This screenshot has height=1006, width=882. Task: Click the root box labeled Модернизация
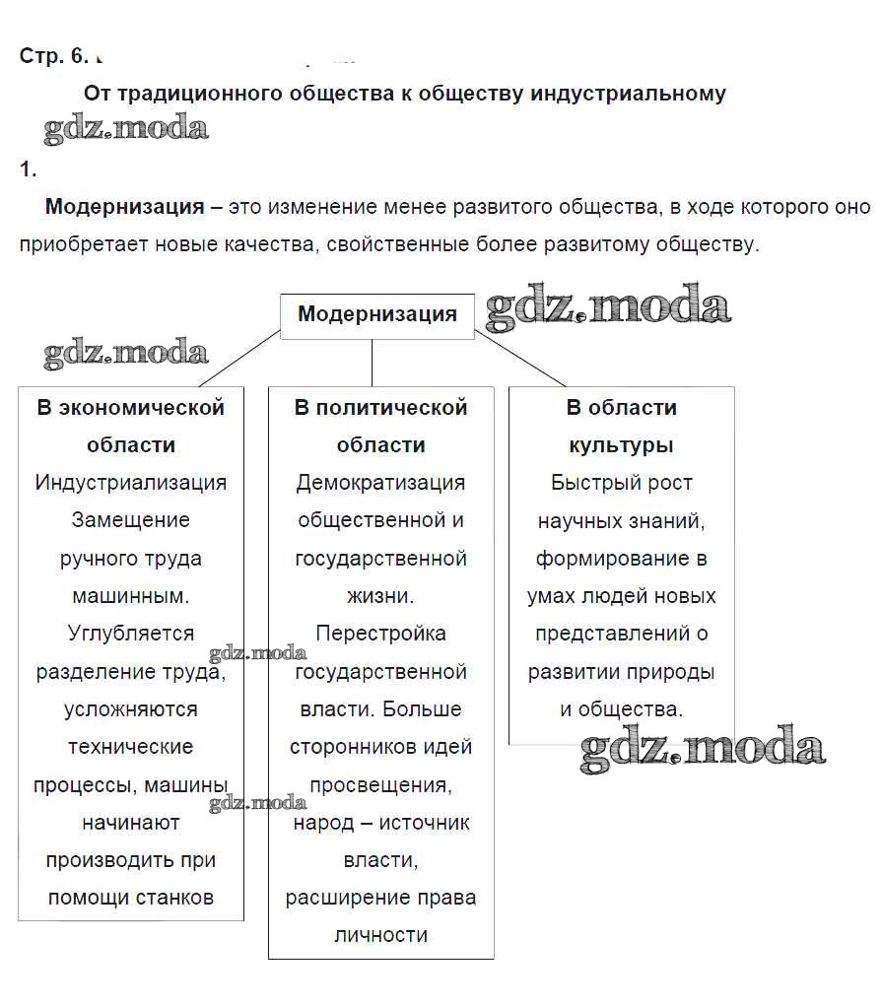tap(377, 315)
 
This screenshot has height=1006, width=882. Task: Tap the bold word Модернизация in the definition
tap(125, 207)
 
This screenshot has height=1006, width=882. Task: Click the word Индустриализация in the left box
tap(131, 483)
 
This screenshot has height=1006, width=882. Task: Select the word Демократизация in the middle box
tap(380, 483)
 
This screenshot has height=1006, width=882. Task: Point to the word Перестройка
tap(380, 634)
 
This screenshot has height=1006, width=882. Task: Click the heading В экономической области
tap(131, 426)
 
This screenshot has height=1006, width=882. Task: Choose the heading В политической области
tap(380, 426)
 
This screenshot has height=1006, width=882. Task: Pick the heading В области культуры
tap(621, 426)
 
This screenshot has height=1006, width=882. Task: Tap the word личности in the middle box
tap(380, 935)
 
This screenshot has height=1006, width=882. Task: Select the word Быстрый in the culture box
tap(588, 483)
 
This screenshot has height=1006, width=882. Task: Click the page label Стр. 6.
tap(54, 56)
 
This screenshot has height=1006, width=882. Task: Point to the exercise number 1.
tap(28, 169)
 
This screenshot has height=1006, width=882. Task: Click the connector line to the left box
tap(239, 359)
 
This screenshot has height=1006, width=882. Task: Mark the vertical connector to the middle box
tap(372, 364)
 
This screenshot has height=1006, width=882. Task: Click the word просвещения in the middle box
tap(380, 785)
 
